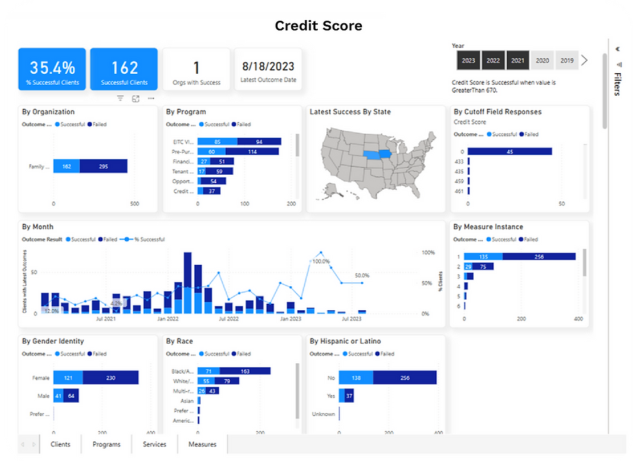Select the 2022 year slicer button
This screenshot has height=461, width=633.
click(493, 60)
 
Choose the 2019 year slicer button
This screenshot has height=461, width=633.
click(567, 60)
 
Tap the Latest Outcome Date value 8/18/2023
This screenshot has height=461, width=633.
click(268, 66)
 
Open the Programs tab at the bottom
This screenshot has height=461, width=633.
click(106, 444)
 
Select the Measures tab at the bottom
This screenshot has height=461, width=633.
click(203, 444)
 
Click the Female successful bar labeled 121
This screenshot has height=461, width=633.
click(68, 377)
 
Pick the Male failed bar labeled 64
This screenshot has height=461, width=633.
click(71, 396)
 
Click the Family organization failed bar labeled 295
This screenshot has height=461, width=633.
click(104, 166)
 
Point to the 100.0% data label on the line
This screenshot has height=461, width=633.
click(321, 262)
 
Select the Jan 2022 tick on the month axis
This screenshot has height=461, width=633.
click(168, 319)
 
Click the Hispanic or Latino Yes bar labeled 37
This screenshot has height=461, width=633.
click(348, 396)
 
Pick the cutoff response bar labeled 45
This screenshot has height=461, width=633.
click(509, 152)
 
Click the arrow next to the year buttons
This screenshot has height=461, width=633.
click(584, 60)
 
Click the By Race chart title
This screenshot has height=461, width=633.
click(179, 341)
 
